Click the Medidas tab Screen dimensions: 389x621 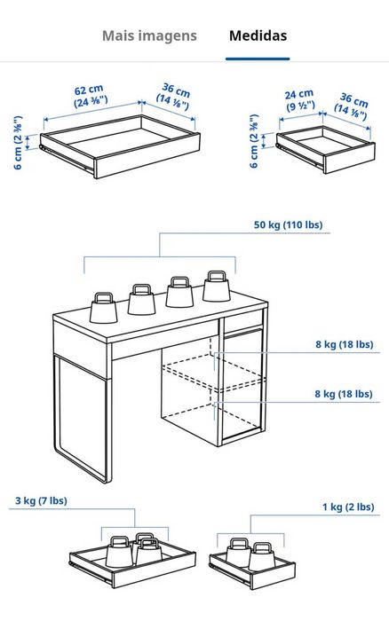pyautogui.click(x=258, y=35)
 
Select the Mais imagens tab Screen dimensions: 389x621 pyautogui.click(x=149, y=36)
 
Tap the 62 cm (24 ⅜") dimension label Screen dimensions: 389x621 pyautogui.click(x=90, y=96)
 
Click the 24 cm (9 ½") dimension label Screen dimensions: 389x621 pyautogui.click(x=300, y=100)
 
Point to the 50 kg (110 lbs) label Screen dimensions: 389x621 pyautogui.click(x=288, y=224)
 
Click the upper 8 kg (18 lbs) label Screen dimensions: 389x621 pyautogui.click(x=345, y=344)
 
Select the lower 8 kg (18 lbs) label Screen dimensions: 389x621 pyautogui.click(x=344, y=394)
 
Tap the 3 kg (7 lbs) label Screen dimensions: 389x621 pyautogui.click(x=41, y=500)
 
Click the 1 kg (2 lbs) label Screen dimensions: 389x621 pyautogui.click(x=348, y=507)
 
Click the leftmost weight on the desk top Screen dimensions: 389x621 pyautogui.click(x=104, y=308)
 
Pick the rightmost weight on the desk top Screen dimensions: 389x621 pyautogui.click(x=217, y=286)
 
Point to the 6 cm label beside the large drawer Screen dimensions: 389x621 pyautogui.click(x=18, y=143)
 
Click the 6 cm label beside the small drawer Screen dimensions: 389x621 pyautogui.click(x=254, y=141)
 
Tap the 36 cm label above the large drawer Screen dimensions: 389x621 pyautogui.click(x=174, y=96)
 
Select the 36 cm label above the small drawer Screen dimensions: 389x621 pyautogui.click(x=352, y=106)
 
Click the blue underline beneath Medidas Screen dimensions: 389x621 pyautogui.click(x=258, y=59)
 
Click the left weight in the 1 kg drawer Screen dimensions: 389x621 pyautogui.click(x=238, y=552)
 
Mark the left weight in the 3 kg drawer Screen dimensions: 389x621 pyautogui.click(x=119, y=551)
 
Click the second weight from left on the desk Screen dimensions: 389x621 pyautogui.click(x=141, y=300)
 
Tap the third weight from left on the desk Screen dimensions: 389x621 pyautogui.click(x=179, y=292)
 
